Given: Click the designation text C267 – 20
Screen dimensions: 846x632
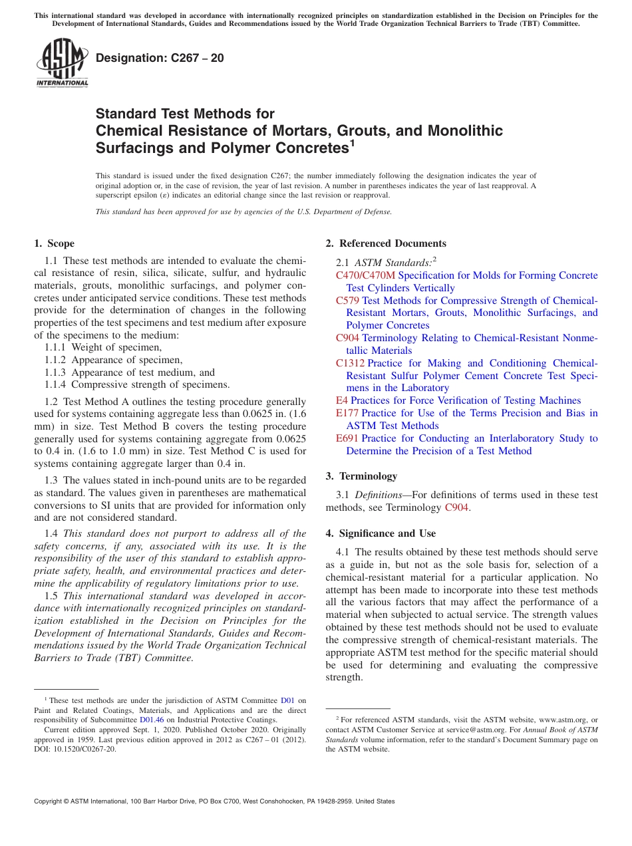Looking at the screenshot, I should click(160, 59).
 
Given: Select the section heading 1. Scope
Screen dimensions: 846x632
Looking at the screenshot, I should click(54, 243).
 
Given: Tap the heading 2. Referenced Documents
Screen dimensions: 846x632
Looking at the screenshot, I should click(386, 243).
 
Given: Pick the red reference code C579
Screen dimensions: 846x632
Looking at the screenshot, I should click(347, 301).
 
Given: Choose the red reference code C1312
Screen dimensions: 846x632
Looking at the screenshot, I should click(350, 363).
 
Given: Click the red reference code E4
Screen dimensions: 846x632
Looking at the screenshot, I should click(341, 400).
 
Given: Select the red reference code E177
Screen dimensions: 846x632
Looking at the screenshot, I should click(347, 413).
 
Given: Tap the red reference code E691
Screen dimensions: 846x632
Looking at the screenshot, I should click(347, 438).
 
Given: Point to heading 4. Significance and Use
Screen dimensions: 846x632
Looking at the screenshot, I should click(381, 533).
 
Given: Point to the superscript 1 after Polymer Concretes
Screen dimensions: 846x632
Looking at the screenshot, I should click(352, 142).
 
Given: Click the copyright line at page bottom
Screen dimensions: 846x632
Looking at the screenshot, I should click(214, 801).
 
